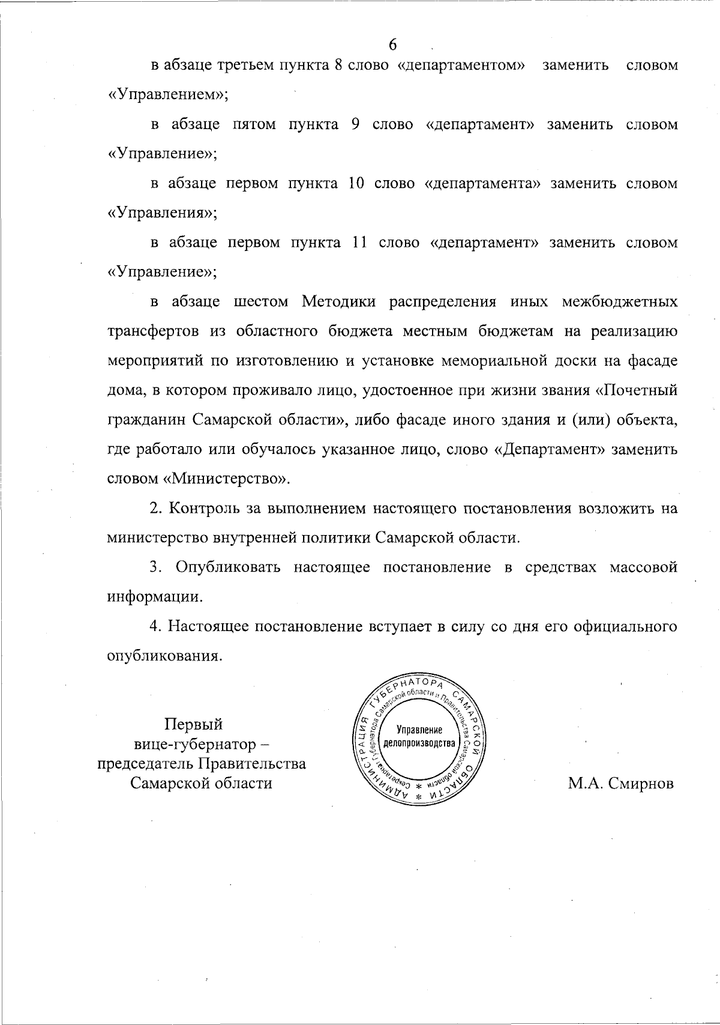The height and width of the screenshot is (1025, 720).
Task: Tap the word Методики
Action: pos(339,301)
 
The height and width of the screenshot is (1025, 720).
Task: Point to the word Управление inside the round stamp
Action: pos(420,730)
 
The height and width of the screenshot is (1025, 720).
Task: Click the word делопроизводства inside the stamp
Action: pos(420,743)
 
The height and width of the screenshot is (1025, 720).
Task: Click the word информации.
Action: pos(154,597)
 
